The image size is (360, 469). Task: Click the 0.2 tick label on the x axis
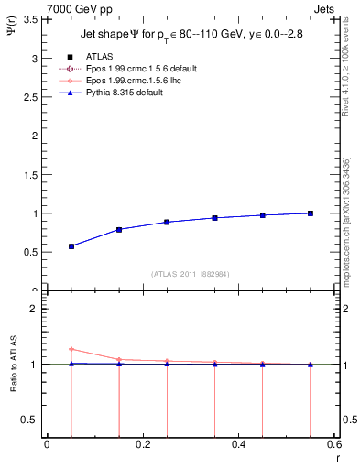(x=142, y=445)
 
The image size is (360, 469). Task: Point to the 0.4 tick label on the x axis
(x=238, y=445)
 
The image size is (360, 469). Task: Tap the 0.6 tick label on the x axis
(x=333, y=445)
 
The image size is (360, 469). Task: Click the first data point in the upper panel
(x=71, y=245)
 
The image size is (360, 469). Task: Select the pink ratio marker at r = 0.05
(x=71, y=349)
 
